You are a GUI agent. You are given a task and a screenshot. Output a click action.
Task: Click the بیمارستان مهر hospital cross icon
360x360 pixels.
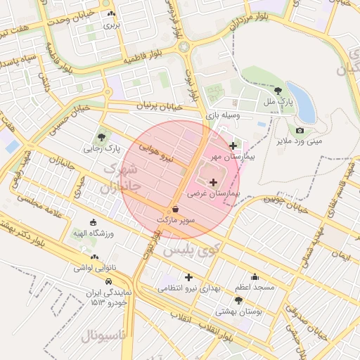pos(233,146)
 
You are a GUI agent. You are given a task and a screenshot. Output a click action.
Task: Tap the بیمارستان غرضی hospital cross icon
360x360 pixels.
pos(214,182)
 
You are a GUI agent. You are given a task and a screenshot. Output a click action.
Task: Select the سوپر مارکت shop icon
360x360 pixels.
pos(175,210)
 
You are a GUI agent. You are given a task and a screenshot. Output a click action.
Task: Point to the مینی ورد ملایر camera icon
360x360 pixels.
pos(300,130)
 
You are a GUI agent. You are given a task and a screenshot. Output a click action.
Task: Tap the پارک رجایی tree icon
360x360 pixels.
pos(103,137)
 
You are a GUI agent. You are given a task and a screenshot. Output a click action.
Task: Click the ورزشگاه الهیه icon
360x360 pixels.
pos(94,221)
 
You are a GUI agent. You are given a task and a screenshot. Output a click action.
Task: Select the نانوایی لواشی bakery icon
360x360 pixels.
pos(94,257)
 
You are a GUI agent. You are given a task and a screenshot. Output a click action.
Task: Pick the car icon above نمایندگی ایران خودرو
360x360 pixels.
pos(108,281)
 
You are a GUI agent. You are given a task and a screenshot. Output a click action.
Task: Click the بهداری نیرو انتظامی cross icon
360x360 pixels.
pos(188,277)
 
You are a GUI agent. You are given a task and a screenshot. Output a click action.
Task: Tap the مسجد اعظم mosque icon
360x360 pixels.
pos(255,276)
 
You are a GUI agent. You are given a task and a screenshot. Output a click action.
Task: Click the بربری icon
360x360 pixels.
pos(112,13)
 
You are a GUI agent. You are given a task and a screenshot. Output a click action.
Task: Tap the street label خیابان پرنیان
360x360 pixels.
pos(159,105)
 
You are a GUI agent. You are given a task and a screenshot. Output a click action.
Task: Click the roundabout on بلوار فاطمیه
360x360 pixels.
pos(185,47)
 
